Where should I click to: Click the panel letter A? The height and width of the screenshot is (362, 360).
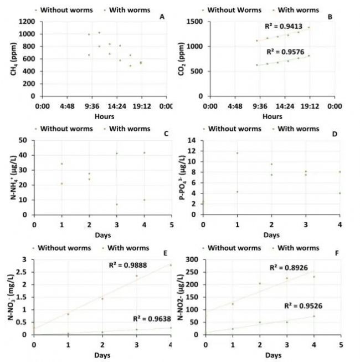(162, 17)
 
